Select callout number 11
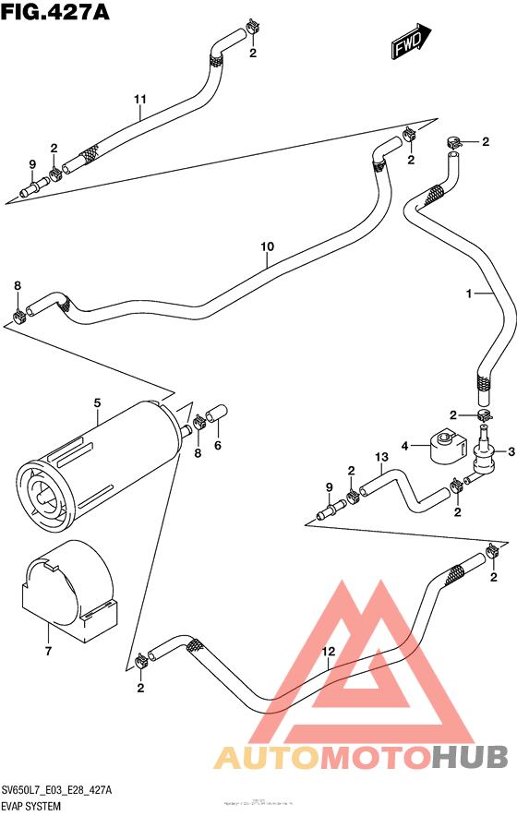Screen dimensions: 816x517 tap(140, 99)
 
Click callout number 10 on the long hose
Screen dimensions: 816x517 tap(267, 246)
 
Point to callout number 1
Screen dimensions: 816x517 tap(469, 294)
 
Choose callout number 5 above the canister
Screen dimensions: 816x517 tap(95, 402)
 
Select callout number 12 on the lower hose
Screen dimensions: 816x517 tap(327, 652)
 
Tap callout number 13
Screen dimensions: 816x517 tap(379, 458)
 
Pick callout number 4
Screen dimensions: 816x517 tap(403, 448)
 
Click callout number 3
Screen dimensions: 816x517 tap(505, 450)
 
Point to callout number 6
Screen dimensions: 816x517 tap(218, 445)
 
